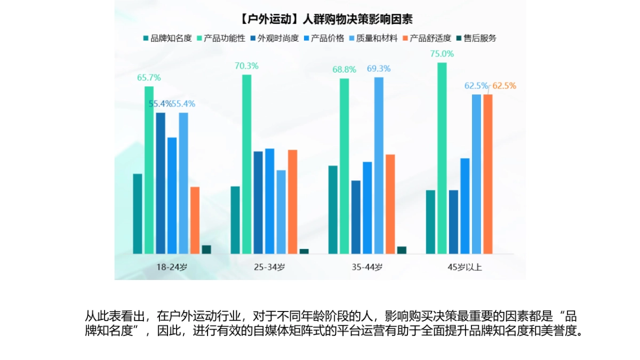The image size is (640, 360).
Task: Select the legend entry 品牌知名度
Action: [x=167, y=38]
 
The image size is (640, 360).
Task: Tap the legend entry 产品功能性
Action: [x=221, y=38]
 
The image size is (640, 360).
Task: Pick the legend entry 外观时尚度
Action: [x=274, y=38]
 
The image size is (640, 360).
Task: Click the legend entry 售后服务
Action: [x=476, y=38]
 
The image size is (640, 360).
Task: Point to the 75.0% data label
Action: [x=442, y=54]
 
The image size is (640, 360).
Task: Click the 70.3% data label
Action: [x=246, y=66]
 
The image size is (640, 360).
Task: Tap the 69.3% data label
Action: [x=379, y=69]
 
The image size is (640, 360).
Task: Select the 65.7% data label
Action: [x=149, y=78]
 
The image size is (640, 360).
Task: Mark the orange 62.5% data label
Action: [x=504, y=86]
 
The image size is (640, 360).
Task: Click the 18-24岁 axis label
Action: [x=172, y=267]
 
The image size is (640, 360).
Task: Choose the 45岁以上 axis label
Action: [x=465, y=267]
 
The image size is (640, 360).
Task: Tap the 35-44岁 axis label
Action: [x=367, y=267]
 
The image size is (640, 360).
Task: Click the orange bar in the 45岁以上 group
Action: [x=488, y=174]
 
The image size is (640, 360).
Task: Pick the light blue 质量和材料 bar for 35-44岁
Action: [x=379, y=165]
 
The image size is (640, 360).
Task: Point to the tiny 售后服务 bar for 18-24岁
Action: [x=206, y=250]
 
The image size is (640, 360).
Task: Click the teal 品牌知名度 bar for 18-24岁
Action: [x=138, y=214]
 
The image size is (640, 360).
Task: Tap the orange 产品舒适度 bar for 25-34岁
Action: [x=292, y=202]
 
